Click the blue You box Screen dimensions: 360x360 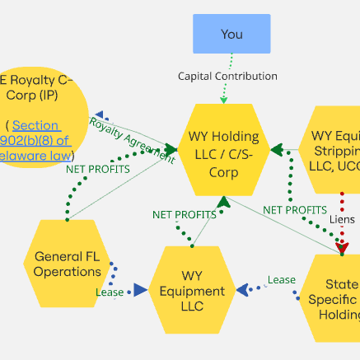(x=231, y=35)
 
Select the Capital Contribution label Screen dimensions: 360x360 (x=227, y=76)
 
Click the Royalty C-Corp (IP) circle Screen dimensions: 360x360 (x=37, y=115)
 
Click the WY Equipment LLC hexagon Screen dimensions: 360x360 (x=191, y=291)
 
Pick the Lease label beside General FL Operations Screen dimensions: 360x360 (x=109, y=292)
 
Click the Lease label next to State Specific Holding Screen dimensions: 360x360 (x=281, y=280)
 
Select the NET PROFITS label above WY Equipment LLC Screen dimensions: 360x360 (x=185, y=214)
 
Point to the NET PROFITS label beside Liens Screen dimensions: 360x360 (x=294, y=210)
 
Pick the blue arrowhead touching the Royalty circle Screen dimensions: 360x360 (x=99, y=116)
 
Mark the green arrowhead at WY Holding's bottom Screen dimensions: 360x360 (x=222, y=203)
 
